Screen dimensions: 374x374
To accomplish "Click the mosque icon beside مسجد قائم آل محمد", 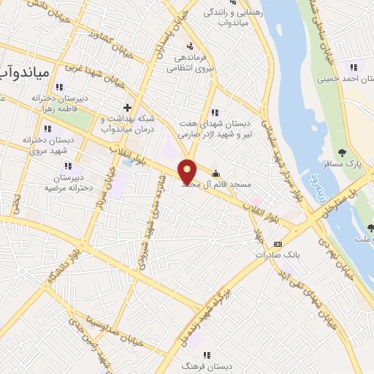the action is pyautogui.click(x=216, y=174).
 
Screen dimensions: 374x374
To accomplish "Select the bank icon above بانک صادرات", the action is pyautogui.click(x=277, y=243).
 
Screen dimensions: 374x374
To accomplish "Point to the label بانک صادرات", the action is pyautogui.click(x=274, y=256).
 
